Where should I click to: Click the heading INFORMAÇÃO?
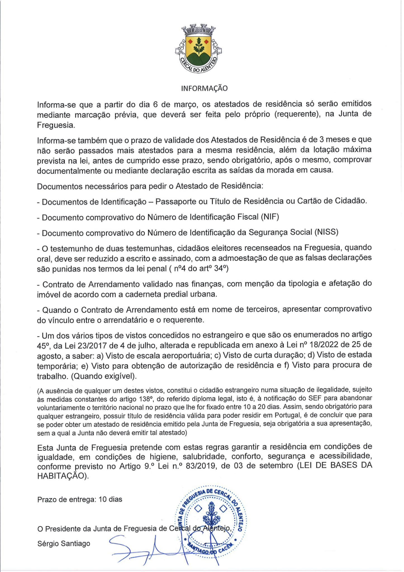pyautogui.click(x=205, y=88)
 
